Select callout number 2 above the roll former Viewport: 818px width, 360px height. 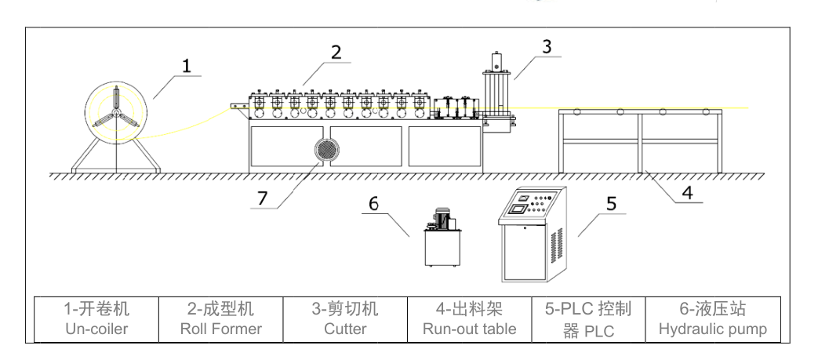click(336, 53)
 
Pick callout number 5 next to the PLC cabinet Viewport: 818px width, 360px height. click(610, 205)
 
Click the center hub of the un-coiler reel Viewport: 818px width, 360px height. click(115, 114)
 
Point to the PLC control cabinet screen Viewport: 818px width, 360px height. click(518, 208)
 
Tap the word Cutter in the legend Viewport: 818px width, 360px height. click(345, 329)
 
